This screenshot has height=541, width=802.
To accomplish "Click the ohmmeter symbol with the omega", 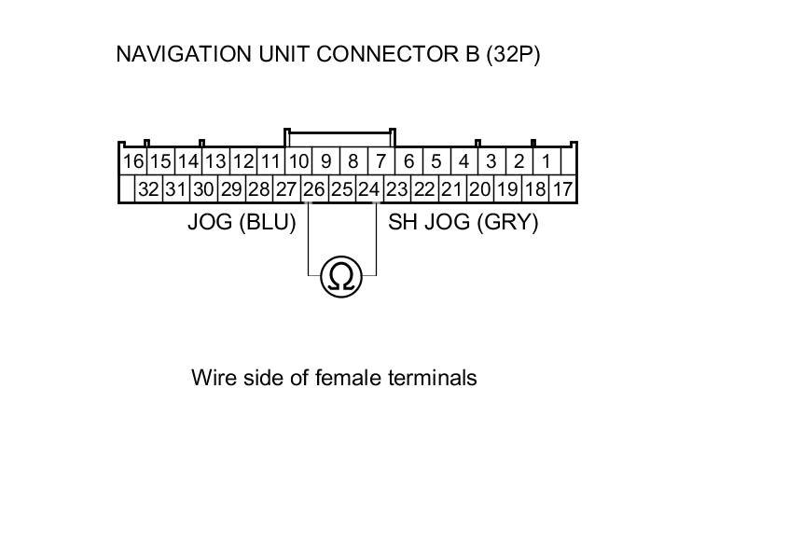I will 342,277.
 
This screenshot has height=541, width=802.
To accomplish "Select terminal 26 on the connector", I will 314,189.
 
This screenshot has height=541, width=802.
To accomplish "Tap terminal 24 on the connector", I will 369,189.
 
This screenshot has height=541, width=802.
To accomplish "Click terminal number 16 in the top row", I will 133,161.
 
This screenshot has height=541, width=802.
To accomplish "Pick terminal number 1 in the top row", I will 546,161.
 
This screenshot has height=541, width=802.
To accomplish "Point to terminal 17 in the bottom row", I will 562,189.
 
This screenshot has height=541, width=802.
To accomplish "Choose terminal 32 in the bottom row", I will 148,189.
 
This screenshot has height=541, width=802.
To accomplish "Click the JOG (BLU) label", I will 242,223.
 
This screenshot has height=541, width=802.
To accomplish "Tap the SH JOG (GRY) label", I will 463,223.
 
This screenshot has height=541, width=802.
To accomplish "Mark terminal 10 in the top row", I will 298,161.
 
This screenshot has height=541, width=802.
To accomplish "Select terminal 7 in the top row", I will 380,161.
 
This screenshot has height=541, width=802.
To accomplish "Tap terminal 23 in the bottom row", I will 397,189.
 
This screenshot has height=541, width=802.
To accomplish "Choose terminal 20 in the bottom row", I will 479,189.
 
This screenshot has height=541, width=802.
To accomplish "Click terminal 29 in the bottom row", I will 231,189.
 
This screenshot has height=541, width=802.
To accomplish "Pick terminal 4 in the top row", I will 463,161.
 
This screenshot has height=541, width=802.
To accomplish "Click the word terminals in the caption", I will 433,378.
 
